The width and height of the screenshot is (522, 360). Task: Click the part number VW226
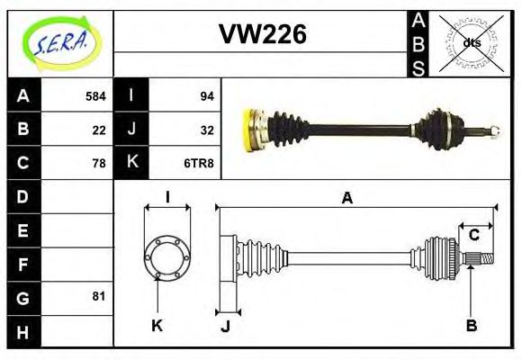point(263,34)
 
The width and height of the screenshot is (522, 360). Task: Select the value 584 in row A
point(95,95)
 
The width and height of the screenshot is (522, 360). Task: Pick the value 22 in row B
point(99,130)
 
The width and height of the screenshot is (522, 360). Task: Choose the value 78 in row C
point(99,163)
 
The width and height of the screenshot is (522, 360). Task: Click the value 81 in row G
point(99,296)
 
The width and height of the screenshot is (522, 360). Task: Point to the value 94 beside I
point(206,95)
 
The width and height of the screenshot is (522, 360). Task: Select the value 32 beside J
point(206,130)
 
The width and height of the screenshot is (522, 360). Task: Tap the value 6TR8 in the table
point(200,163)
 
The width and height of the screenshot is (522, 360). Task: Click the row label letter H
point(22,331)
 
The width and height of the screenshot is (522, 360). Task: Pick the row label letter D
point(22,196)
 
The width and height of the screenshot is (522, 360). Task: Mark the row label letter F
point(22,264)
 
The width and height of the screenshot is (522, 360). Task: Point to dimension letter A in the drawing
point(346,199)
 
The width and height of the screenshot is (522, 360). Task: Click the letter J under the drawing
point(225,326)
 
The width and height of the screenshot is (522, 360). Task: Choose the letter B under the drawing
point(471,325)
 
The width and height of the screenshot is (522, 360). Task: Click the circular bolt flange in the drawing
point(167,256)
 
